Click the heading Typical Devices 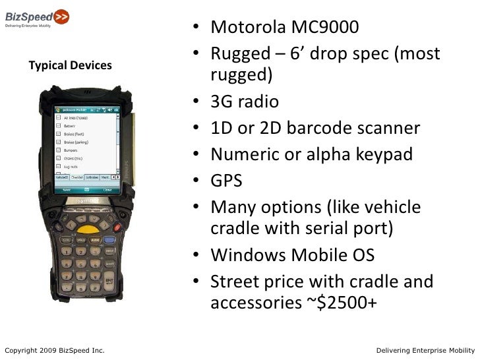(71, 66)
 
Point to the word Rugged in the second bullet (241, 54)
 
